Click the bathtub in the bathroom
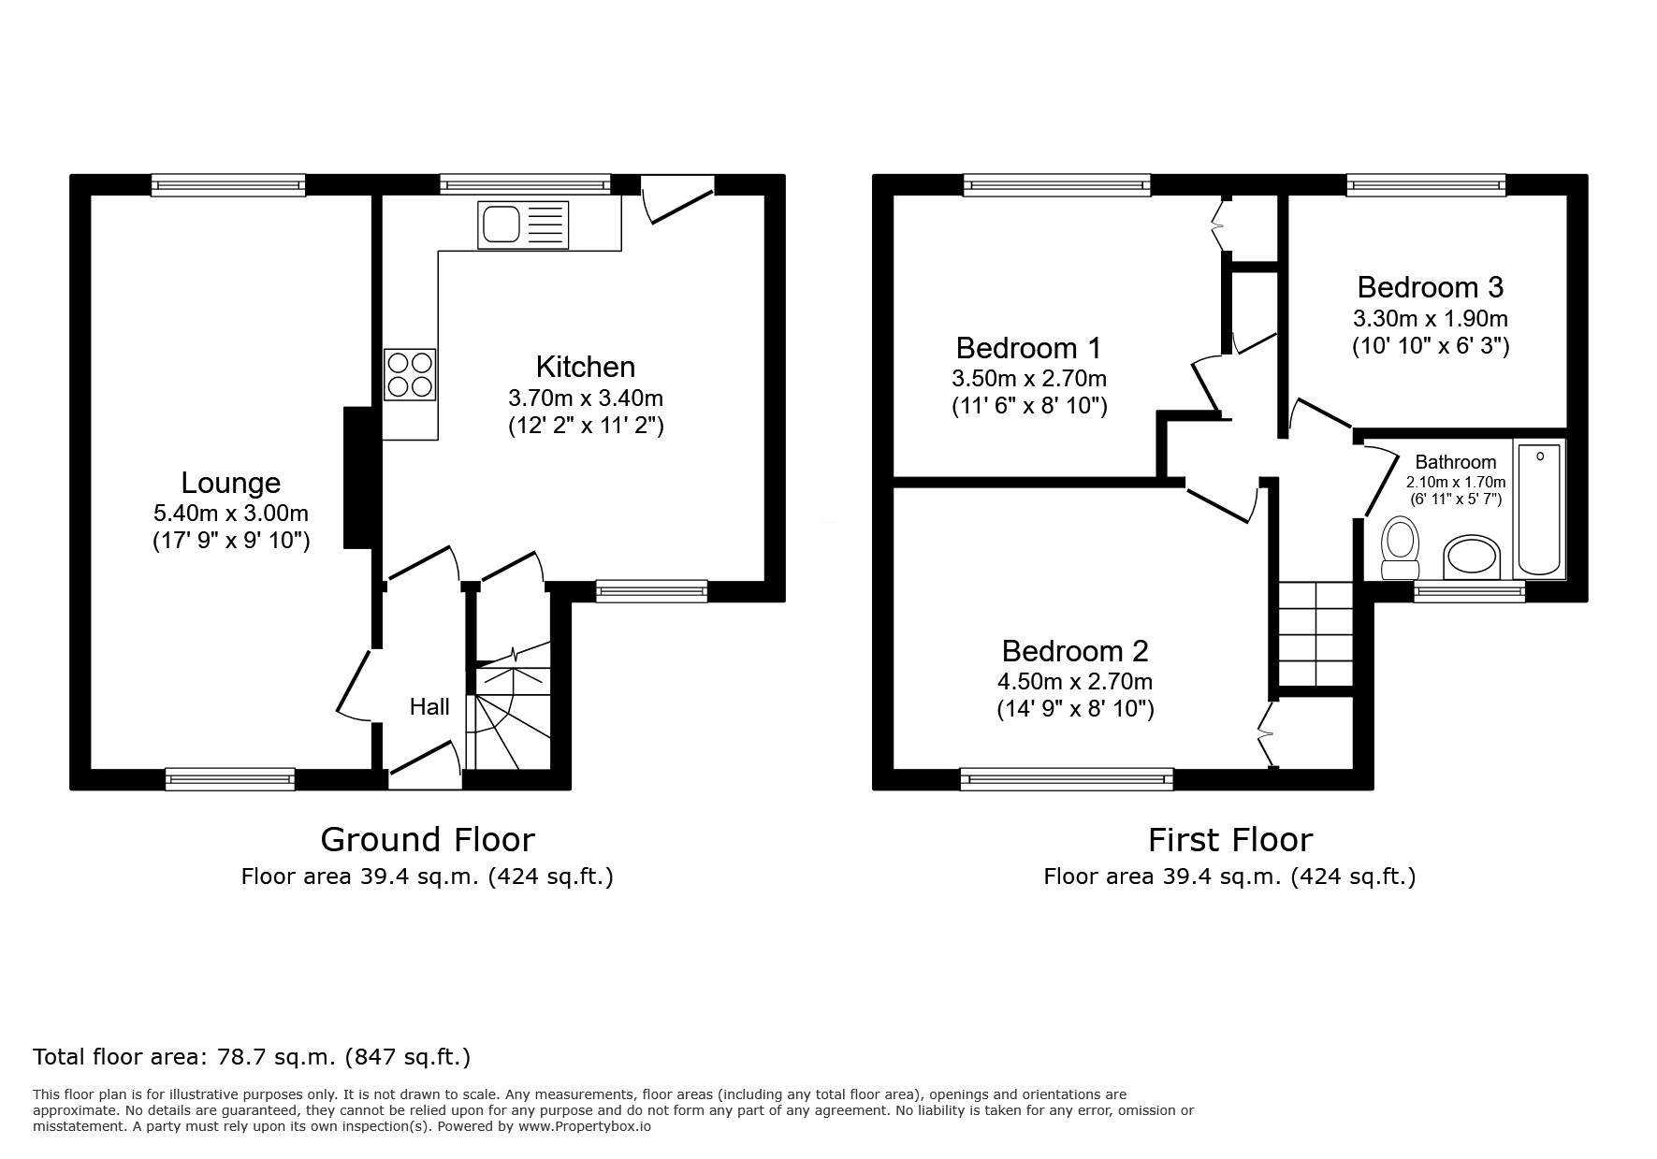(1538, 509)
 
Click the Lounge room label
(230, 483)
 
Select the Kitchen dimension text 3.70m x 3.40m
(586, 398)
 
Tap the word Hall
(429, 707)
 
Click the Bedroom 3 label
(1430, 286)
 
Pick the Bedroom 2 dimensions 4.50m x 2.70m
(1075, 681)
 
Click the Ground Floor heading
(428, 839)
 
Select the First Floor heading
(1229, 839)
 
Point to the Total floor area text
(252, 1057)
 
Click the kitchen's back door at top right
(677, 198)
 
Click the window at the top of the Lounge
(228, 184)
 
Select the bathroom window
(1468, 590)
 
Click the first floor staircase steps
(1315, 634)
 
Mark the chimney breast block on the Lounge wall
(358, 477)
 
